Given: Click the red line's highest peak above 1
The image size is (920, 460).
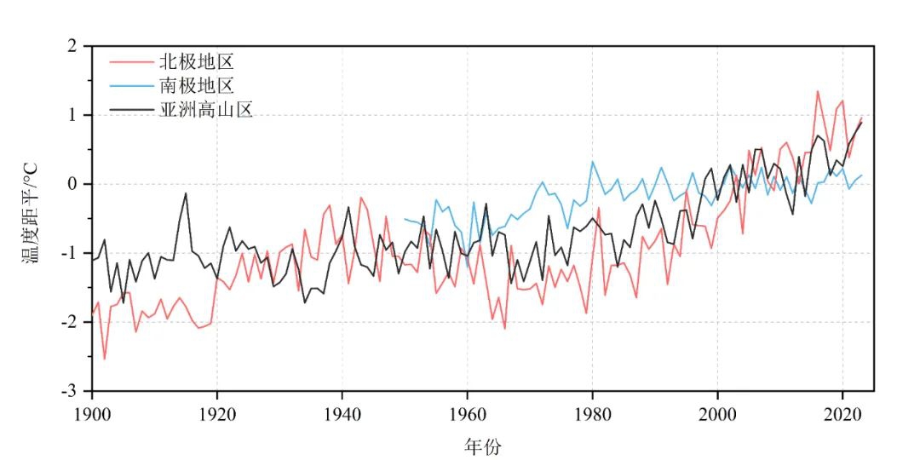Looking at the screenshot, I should click(x=818, y=91).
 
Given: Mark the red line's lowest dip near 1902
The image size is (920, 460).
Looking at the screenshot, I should click(x=105, y=359).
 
